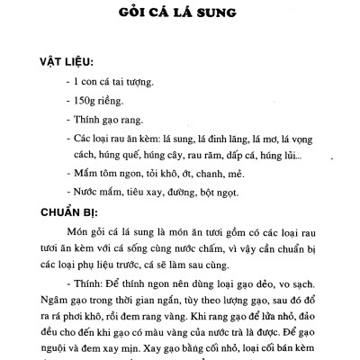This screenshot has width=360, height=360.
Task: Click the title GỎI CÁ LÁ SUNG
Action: coord(180,14)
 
